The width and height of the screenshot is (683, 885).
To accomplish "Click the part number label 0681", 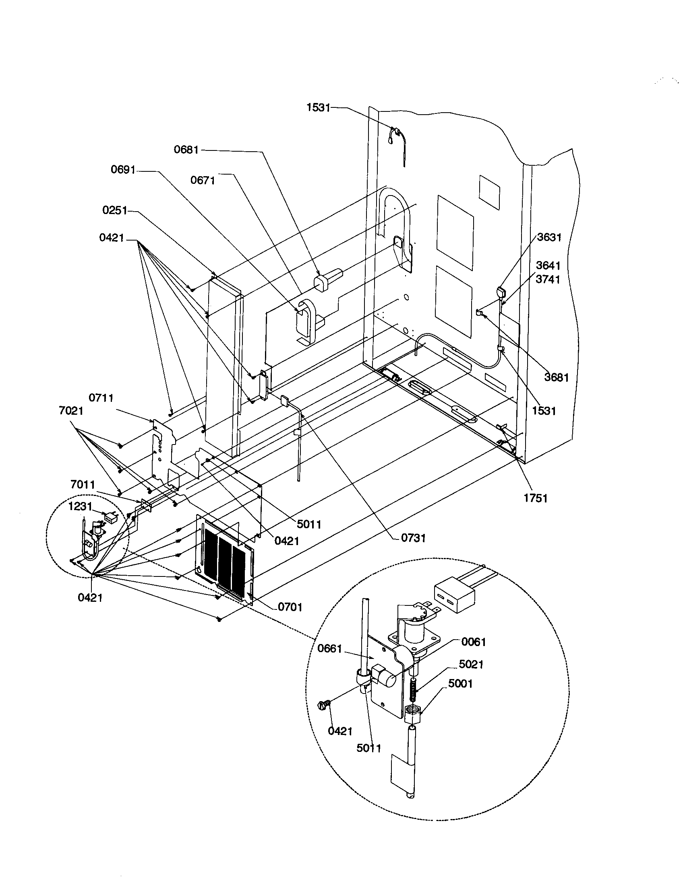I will (186, 150).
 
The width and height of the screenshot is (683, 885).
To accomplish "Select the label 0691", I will (123, 169).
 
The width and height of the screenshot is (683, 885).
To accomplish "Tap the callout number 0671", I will (203, 180).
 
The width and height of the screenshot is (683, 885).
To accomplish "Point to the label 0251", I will (115, 210).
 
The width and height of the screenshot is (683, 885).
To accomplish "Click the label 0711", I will (101, 397).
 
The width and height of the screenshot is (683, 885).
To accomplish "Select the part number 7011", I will (82, 484).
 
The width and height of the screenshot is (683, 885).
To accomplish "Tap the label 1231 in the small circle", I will (80, 506).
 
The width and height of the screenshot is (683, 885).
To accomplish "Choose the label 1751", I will (535, 498).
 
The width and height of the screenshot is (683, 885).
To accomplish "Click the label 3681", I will (557, 377).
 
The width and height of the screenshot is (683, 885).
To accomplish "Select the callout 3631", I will (549, 237).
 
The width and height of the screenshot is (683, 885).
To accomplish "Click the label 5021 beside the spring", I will (471, 664).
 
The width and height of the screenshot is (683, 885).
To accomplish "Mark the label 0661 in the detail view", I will (330, 648).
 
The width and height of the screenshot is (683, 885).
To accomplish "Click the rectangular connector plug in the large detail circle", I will (454, 598).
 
